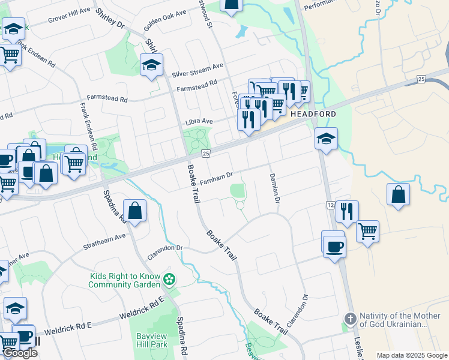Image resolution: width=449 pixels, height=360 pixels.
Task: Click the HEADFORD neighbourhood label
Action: point(312,113)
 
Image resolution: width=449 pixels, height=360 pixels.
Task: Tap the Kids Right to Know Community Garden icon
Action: point(170,278)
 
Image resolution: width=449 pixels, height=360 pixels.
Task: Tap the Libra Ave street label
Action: point(199,121)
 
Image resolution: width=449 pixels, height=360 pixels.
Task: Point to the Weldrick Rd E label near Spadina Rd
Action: point(142,307)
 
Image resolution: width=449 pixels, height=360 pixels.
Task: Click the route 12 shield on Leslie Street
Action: point(330,206)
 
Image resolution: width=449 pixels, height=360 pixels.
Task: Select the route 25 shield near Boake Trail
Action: point(205,154)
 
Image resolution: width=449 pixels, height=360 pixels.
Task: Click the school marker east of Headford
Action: point(327,139)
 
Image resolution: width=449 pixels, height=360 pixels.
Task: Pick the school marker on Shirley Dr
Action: point(152,65)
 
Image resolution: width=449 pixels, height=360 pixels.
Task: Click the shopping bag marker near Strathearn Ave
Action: point(135,211)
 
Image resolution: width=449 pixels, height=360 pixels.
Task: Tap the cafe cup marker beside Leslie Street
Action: point(334,245)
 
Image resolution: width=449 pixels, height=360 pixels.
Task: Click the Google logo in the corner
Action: point(20,353)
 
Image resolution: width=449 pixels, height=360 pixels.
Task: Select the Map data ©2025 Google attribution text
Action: point(411,355)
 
